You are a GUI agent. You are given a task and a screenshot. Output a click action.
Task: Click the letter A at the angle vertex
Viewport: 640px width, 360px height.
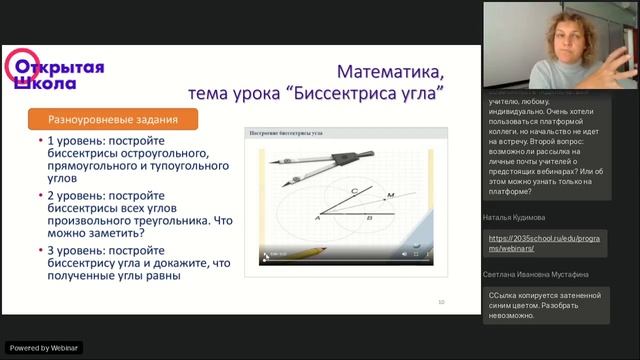point(317,217)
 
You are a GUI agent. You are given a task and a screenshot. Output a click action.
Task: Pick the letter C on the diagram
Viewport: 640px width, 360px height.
point(353,187)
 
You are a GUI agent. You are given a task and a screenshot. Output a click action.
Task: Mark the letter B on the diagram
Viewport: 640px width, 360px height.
point(369,217)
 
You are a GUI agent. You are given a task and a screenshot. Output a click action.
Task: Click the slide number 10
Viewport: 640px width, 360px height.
point(442,301)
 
